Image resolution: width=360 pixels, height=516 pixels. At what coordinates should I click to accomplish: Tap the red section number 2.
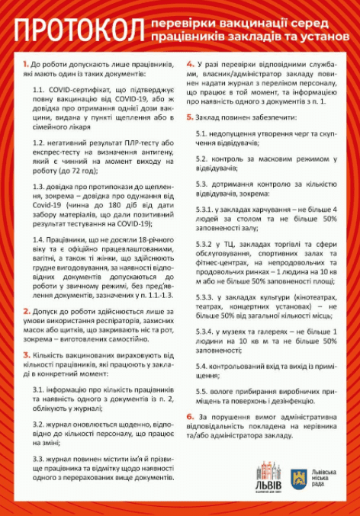26,312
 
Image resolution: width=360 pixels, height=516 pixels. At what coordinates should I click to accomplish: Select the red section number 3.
26,357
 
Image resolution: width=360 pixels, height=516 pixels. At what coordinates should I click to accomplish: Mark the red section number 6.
190,416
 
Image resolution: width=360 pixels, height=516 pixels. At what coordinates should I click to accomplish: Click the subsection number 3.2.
38,423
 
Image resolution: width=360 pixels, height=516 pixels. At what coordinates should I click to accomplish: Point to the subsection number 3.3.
38,458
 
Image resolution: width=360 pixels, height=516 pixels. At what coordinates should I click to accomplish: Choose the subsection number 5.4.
201,367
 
